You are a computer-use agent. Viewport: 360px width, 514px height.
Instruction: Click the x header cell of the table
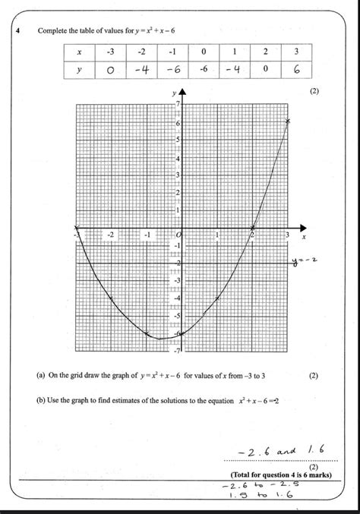click(78, 51)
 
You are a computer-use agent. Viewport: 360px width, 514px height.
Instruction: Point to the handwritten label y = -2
click(303, 262)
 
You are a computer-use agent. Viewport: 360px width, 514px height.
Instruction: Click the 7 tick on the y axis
click(176, 104)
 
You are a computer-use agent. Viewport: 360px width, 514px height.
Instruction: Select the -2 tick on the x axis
click(111, 235)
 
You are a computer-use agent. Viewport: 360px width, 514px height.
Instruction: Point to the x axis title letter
click(304, 237)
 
